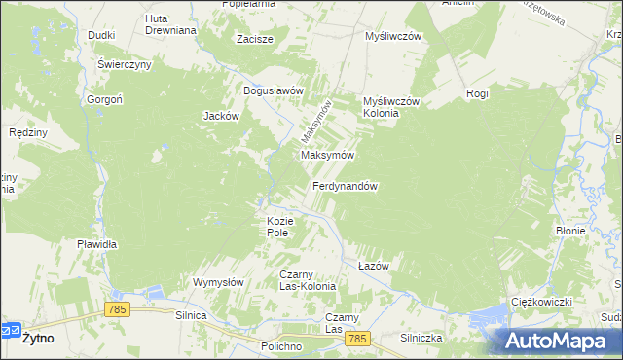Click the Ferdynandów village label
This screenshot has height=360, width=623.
(x=345, y=186)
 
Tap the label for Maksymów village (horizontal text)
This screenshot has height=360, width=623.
(x=327, y=155)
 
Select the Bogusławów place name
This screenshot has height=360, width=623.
(x=275, y=90)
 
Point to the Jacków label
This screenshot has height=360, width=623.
(x=221, y=115)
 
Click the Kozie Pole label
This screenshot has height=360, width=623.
(x=279, y=227)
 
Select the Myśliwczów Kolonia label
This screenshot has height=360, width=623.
(x=389, y=107)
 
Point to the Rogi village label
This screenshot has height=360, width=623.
(x=477, y=93)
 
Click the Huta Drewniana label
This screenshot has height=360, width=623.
(x=170, y=24)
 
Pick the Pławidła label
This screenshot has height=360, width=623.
(x=97, y=244)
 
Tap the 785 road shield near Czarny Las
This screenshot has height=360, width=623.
(x=358, y=338)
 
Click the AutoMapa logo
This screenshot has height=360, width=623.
(x=561, y=341)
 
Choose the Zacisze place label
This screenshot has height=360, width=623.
(x=255, y=40)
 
